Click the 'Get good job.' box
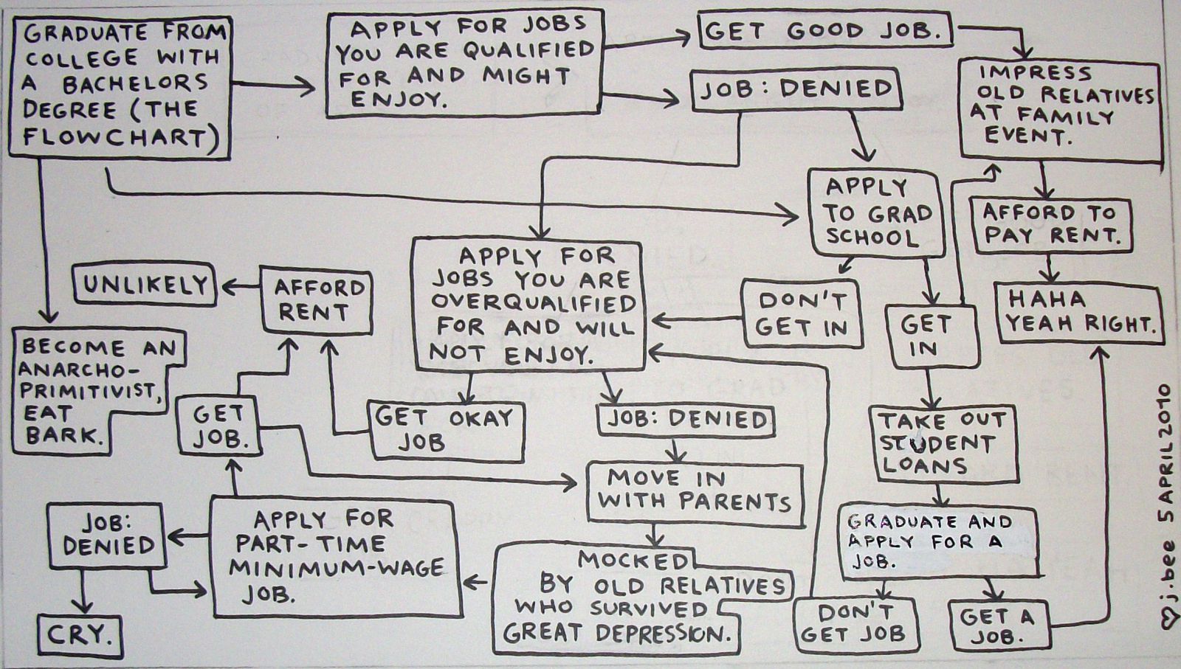point(825,32)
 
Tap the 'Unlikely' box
point(145,285)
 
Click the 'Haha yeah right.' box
point(1079,313)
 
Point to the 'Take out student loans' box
point(942,443)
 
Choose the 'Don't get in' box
point(802,313)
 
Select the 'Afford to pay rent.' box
point(1050,224)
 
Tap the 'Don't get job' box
point(855,623)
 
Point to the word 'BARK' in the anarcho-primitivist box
point(62,436)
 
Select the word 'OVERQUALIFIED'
point(533,303)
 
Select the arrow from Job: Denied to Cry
point(81,591)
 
